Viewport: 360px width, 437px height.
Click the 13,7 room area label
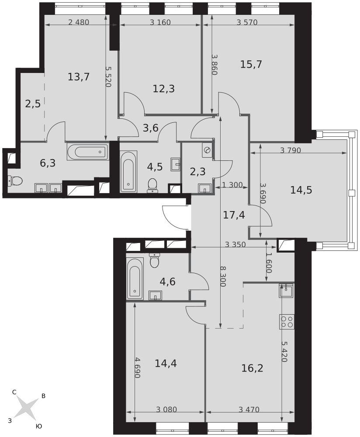[x=79, y=76]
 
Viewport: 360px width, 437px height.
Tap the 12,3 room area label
[x=163, y=89]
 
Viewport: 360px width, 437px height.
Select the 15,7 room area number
[x=251, y=64]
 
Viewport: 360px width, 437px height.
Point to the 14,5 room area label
[x=301, y=190]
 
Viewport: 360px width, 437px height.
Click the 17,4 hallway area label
[x=234, y=215]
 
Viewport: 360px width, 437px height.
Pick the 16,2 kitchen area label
[x=252, y=368]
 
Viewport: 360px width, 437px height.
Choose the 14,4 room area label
[x=166, y=364]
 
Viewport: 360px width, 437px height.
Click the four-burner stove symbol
[x=287, y=322]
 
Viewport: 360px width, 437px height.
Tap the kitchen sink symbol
[x=287, y=291]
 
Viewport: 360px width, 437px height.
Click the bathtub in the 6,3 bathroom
[x=87, y=152]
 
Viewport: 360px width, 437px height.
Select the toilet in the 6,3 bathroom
[x=15, y=181]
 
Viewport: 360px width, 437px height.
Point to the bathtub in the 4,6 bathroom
[x=135, y=279]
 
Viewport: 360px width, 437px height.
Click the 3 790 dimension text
[x=291, y=150]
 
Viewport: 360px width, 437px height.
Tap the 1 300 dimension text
[x=232, y=184]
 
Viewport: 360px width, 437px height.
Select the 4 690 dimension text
[x=137, y=368]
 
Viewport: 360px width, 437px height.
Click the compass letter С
[x=14, y=392]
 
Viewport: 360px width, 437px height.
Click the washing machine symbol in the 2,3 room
[x=207, y=150]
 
